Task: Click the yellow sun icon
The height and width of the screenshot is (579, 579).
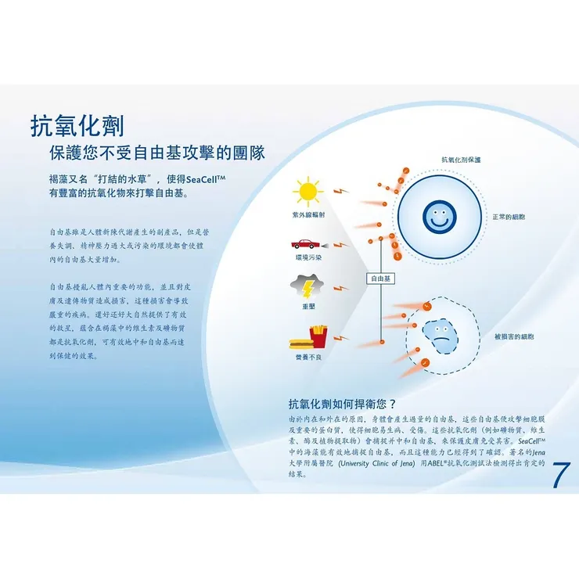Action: point(307,192)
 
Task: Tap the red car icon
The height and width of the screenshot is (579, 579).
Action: point(307,243)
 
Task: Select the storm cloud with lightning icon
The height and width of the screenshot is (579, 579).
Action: point(307,284)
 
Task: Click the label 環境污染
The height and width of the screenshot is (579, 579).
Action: point(307,257)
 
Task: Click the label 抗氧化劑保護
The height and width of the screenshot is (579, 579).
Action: point(461,160)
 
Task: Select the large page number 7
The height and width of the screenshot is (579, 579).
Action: point(560,475)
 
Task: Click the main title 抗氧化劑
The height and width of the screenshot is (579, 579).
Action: point(77,125)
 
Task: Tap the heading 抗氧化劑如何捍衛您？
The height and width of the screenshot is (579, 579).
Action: point(343,405)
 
